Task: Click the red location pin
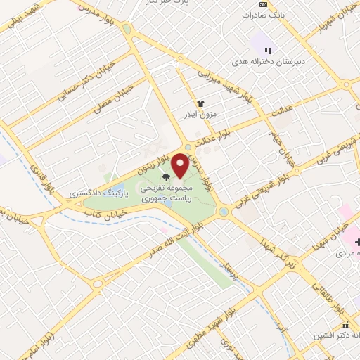coord(180,166)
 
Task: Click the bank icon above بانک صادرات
coord(263,4)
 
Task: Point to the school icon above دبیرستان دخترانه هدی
coord(267,51)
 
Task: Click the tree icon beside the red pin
coord(165,178)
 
